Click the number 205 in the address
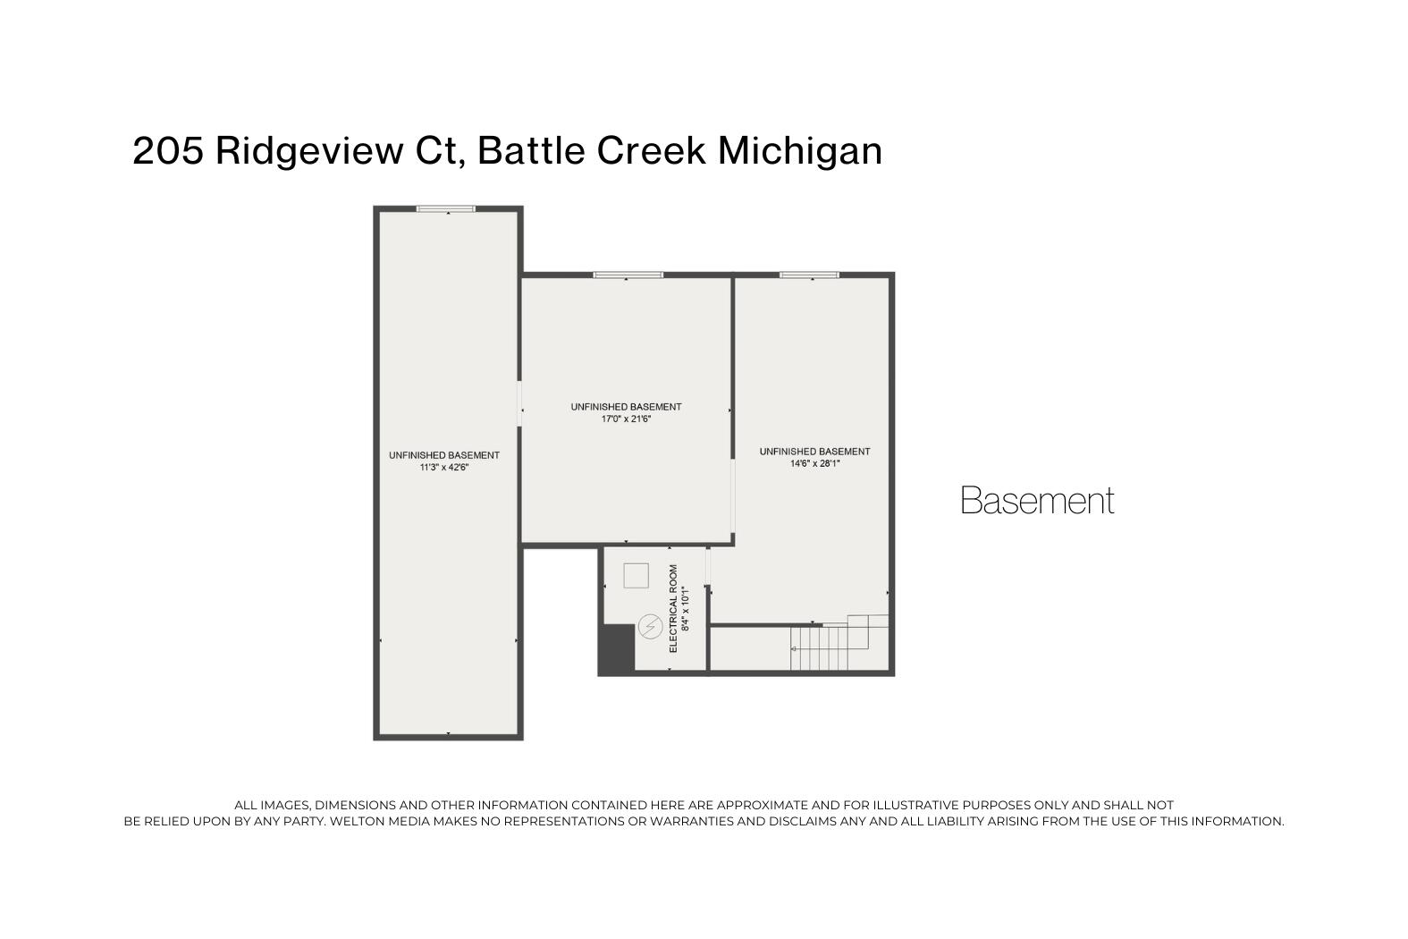[168, 150]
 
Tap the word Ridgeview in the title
[308, 150]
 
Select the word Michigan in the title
[800, 150]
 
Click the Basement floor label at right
[1037, 501]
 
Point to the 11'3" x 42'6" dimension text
[444, 467]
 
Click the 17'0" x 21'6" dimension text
[626, 419]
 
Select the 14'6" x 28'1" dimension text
[814, 463]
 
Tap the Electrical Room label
[673, 608]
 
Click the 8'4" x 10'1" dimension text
[686, 608]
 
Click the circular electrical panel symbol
[650, 628]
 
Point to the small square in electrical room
[636, 575]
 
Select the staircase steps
[820, 647]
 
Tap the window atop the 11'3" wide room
[446, 209]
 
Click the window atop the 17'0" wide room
[628, 275]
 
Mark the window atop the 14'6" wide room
[809, 275]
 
